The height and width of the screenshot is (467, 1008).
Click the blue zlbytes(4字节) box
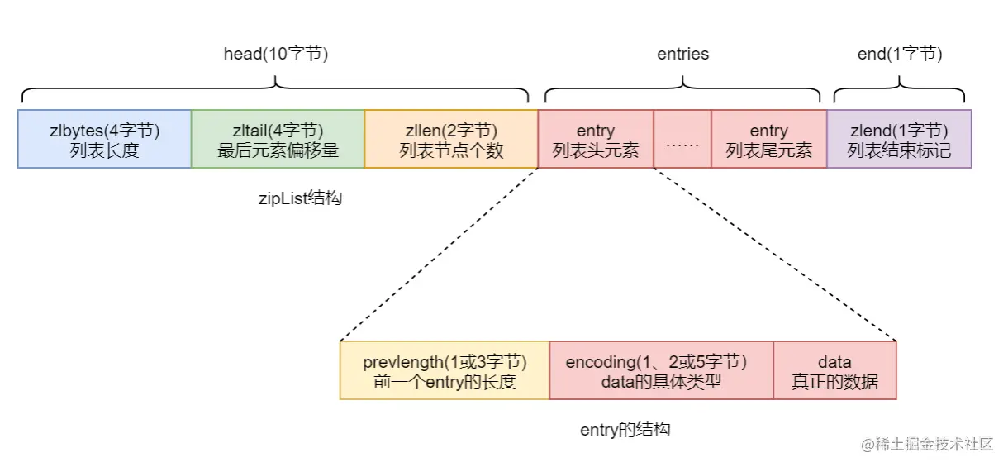pos(104,139)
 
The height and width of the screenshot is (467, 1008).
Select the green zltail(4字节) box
pos(278,139)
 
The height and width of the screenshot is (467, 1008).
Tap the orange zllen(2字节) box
pos(450,139)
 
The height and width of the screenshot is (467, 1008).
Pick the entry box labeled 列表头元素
pos(595,139)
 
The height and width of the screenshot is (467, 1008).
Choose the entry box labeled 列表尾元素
pos(768,139)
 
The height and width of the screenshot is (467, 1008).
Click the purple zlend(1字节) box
pos(899,139)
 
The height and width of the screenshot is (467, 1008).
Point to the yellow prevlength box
pos(445,370)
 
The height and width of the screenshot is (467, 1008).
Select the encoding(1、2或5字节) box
pos(661,370)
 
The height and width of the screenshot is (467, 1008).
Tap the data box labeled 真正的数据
pos(834,370)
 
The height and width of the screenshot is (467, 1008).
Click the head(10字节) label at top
pos(276,55)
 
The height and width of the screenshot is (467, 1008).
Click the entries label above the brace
pos(682,55)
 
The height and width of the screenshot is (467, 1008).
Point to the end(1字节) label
pos(900,55)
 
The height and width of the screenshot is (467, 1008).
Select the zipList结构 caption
pos(300,199)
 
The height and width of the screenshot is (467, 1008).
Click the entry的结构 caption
pos(625,430)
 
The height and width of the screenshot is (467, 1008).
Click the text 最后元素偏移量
pos(278,150)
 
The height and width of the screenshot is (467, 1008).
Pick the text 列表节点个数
pos(450,150)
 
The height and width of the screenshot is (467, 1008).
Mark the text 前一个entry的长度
pos(445,382)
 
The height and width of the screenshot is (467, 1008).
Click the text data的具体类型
pos(661,382)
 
